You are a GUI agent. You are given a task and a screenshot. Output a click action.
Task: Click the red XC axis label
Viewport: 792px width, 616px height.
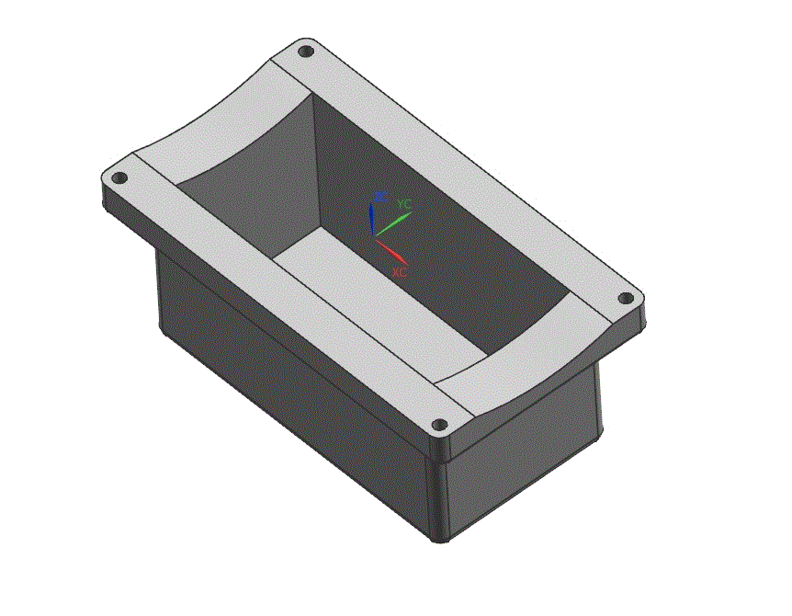point(400,272)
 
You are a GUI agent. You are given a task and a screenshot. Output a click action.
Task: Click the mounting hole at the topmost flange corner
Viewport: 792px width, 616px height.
point(307,51)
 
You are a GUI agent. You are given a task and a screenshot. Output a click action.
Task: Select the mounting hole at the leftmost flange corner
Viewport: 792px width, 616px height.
point(118,177)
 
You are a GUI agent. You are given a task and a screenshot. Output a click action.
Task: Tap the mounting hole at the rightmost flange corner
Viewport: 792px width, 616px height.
point(626,299)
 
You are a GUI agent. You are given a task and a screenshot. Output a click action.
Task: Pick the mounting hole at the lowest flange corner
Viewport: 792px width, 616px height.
point(439,425)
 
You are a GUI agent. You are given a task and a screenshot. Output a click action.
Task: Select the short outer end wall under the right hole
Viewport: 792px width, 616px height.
point(524,451)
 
